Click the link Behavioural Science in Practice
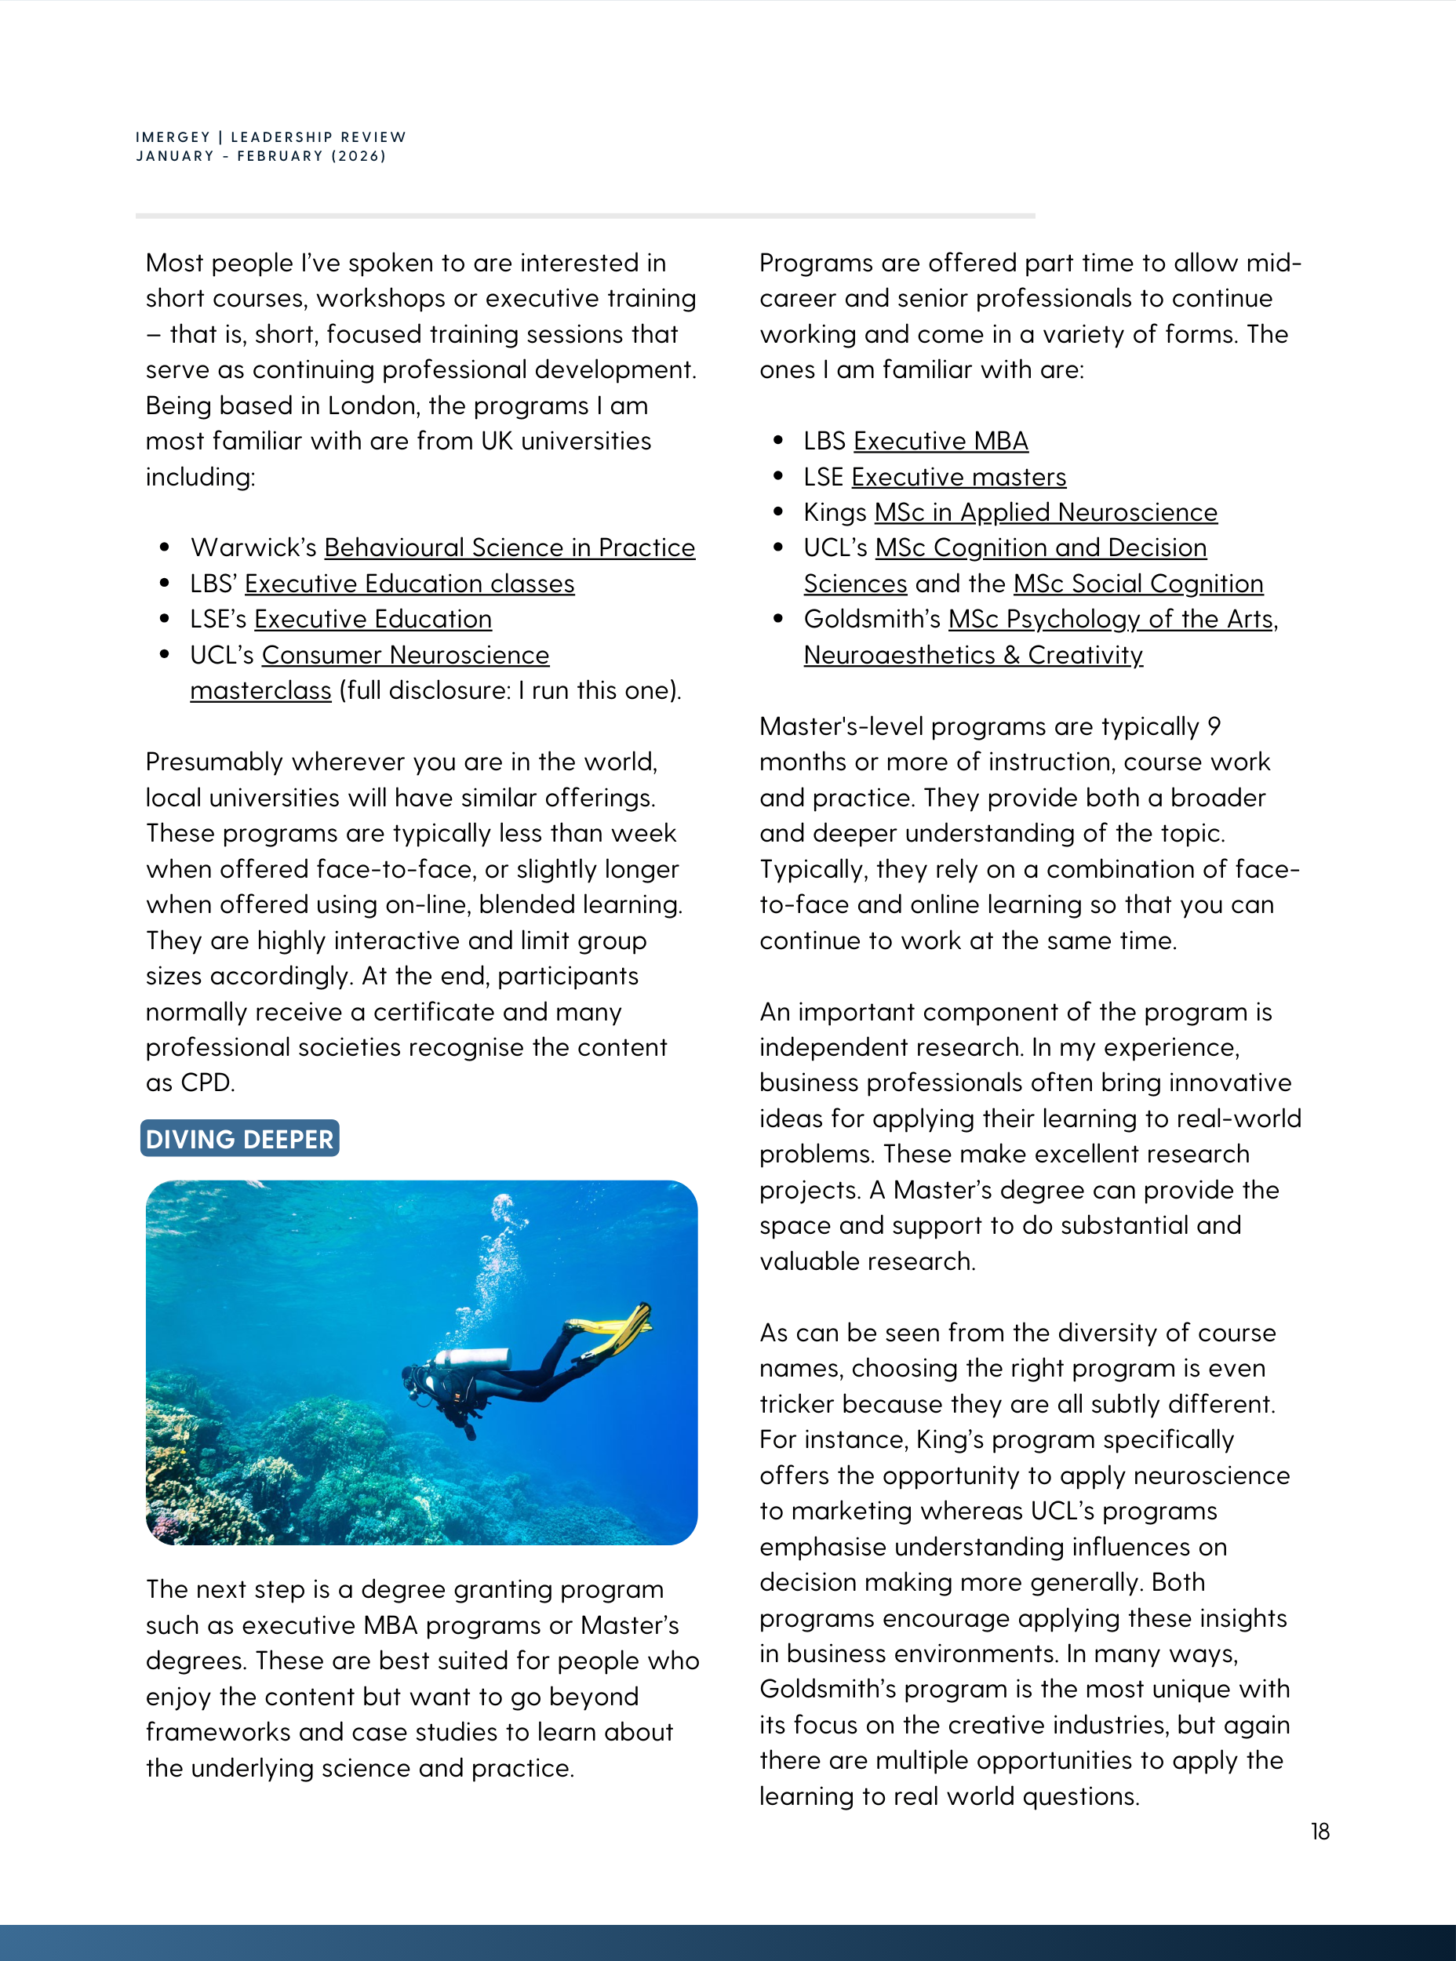click(x=509, y=548)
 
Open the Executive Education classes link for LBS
click(x=409, y=584)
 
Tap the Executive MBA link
click(x=941, y=442)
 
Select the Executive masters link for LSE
click(x=958, y=478)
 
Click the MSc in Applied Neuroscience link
click(x=1045, y=513)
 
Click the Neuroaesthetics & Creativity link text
click(x=973, y=656)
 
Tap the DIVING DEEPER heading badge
click(x=240, y=1139)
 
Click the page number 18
click(x=1319, y=1832)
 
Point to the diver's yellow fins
click(x=616, y=1331)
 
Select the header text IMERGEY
click(x=173, y=137)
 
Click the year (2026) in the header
click(x=358, y=156)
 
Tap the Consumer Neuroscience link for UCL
click(x=406, y=656)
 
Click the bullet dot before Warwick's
click(x=165, y=548)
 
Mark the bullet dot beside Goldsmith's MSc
click(x=778, y=620)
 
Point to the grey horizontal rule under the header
click(x=585, y=215)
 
